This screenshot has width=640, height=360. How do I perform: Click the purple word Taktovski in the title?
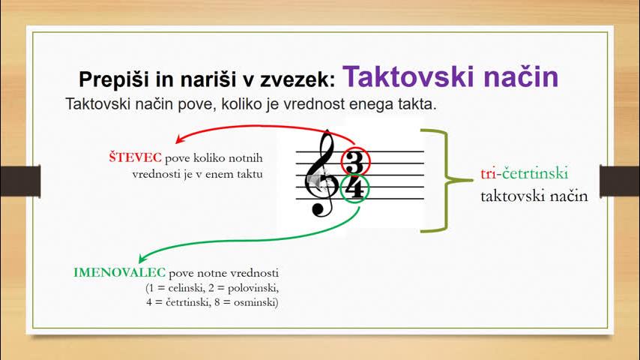tap(408, 76)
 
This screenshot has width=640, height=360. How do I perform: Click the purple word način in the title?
tap(522, 76)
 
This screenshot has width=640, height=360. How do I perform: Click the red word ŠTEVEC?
tap(135, 157)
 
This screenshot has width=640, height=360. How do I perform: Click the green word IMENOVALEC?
tap(120, 272)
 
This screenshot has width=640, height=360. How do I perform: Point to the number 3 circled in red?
tap(354, 162)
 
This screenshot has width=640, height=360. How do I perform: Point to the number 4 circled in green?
tap(354, 188)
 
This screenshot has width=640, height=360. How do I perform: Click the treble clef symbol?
tap(321, 173)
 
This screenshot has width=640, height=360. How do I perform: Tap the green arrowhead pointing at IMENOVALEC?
tap(142, 258)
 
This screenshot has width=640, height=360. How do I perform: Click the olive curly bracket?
tap(447, 180)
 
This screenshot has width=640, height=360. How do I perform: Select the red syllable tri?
tap(488, 174)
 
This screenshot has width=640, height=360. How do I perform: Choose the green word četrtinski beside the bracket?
tap(534, 173)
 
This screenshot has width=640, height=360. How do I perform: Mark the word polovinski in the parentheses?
tap(253, 288)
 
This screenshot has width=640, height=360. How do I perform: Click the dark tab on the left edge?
tap(20, 181)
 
